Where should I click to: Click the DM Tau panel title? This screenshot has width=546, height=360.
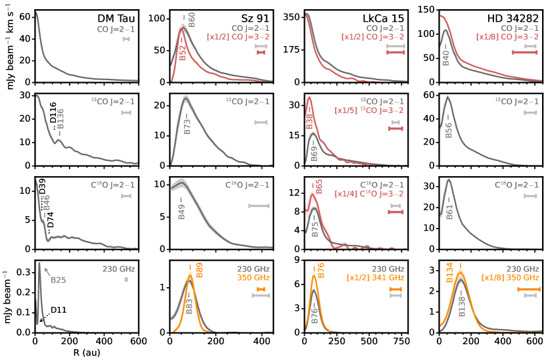(116, 19)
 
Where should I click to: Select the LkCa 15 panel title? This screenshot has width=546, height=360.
(386, 19)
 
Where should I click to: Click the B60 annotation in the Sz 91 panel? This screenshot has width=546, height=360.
(191, 19)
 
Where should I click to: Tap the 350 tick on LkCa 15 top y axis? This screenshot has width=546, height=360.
(292, 14)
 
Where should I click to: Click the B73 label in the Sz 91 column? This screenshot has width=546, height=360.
(187, 127)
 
